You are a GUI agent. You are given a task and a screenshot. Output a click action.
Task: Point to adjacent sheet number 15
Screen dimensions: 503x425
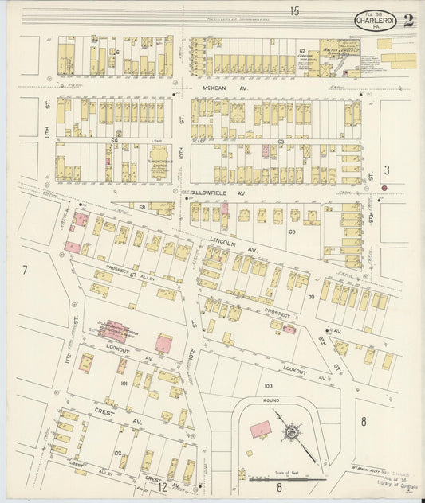[x=294, y=10]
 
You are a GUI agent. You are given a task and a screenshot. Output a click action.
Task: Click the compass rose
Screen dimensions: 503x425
[x=292, y=432]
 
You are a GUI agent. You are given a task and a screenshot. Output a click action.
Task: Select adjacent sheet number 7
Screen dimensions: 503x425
[x=25, y=271]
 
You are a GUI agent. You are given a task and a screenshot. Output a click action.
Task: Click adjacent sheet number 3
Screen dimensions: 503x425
[x=386, y=170]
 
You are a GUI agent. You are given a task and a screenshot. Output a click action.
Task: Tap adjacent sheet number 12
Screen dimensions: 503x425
[x=162, y=486]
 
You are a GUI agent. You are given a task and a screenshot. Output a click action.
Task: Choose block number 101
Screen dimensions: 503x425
[x=124, y=384]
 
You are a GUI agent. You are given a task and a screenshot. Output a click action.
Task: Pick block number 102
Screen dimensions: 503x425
[x=117, y=453]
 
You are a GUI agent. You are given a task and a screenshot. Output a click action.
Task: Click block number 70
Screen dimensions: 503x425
[x=313, y=296]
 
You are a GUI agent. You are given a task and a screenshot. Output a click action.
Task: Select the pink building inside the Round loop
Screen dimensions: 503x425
[x=259, y=429]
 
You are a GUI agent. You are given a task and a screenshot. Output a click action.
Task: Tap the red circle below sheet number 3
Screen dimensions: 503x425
[x=384, y=188]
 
